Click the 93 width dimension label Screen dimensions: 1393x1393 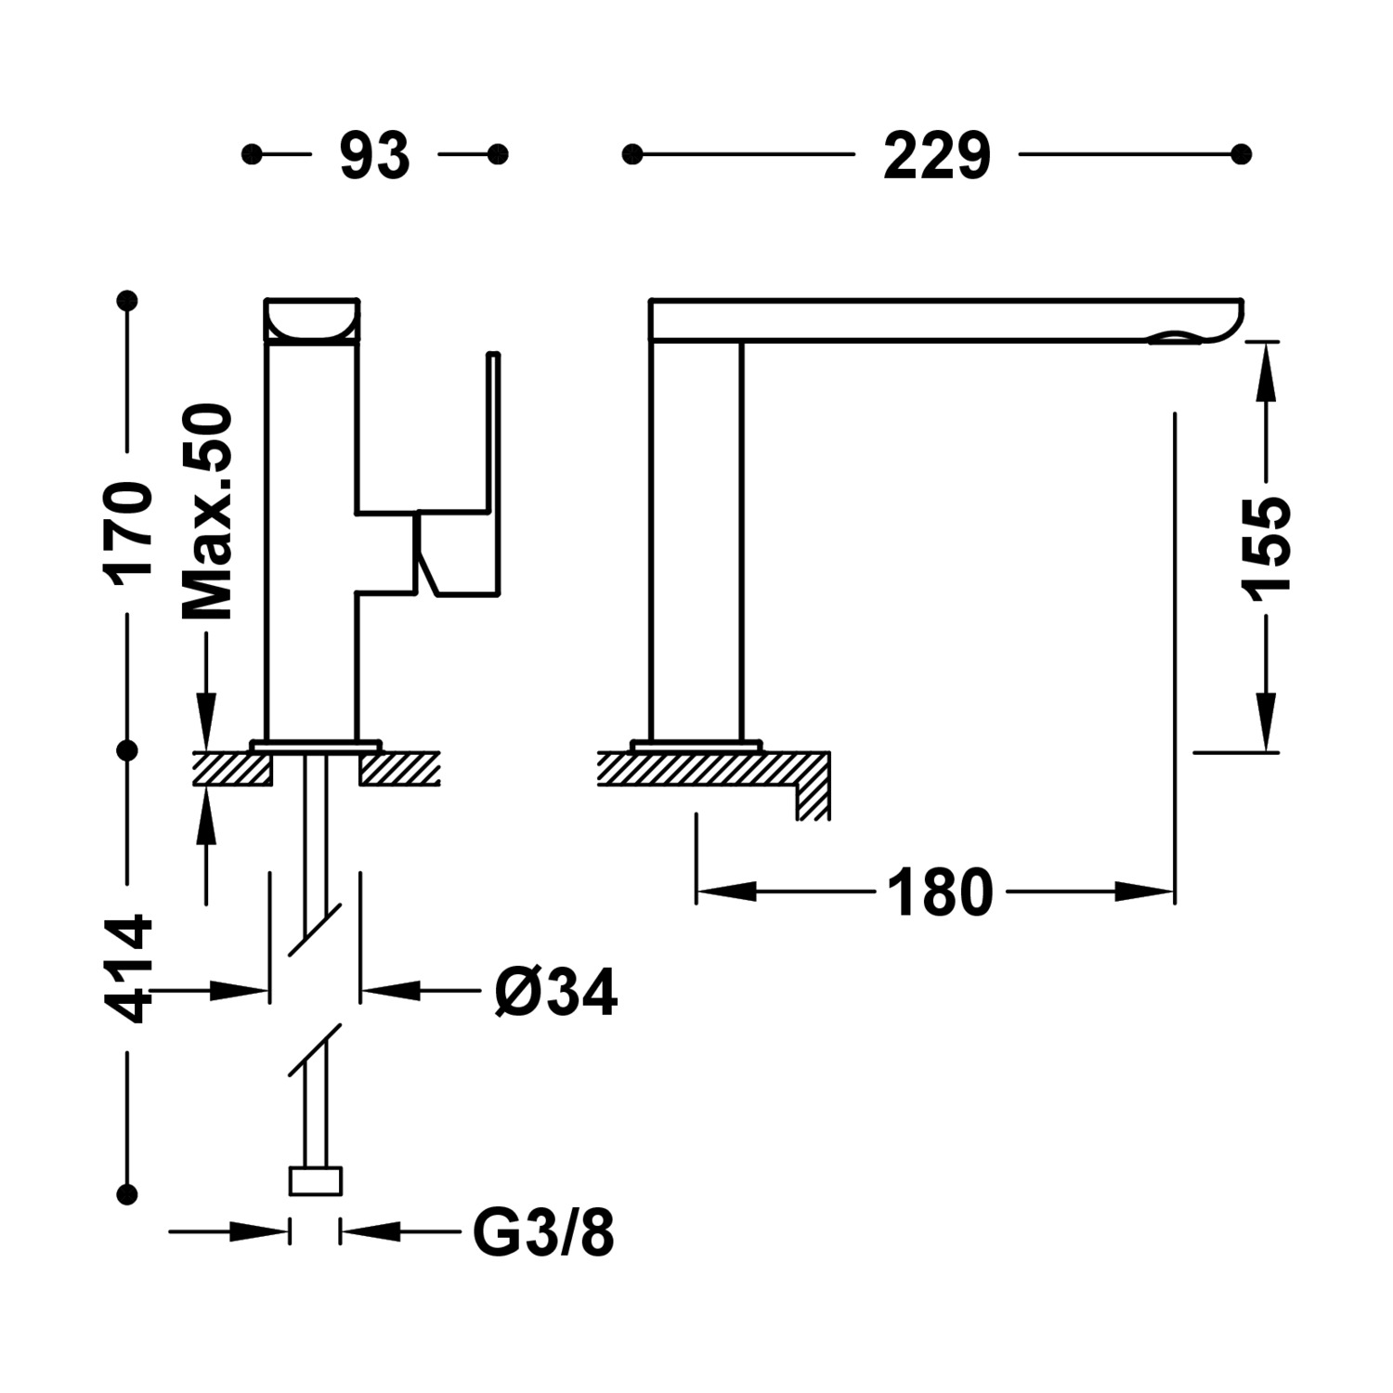click(374, 155)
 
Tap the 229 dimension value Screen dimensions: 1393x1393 click(936, 155)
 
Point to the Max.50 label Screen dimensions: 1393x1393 click(208, 512)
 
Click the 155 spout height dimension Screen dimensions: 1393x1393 click(1266, 544)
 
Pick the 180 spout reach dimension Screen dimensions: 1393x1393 click(940, 892)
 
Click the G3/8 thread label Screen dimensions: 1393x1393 click(543, 1233)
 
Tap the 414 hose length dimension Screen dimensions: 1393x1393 click(131, 969)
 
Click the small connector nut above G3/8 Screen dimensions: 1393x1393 click(316, 1180)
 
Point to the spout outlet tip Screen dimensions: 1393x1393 click(1179, 336)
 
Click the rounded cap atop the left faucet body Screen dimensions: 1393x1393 click(311, 320)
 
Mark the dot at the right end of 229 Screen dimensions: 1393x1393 click(1241, 154)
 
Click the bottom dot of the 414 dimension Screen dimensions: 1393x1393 click(128, 1194)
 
